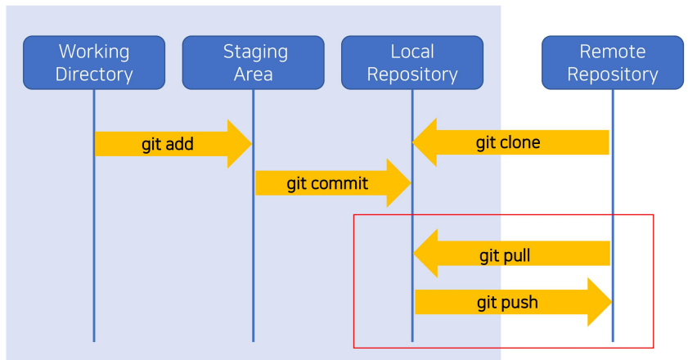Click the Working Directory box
coord(94,63)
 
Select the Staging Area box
coord(253,63)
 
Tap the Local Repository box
coord(412,63)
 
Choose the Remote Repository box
coord(613,63)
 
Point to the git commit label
coord(327,183)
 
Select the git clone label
coord(508,142)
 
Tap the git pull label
coord(505,255)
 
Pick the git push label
coord(508,303)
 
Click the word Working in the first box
coord(94,52)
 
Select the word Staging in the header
coord(255,52)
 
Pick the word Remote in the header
coord(613,52)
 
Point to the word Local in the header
coord(412,52)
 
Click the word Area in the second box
coord(253,74)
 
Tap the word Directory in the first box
coord(94,74)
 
